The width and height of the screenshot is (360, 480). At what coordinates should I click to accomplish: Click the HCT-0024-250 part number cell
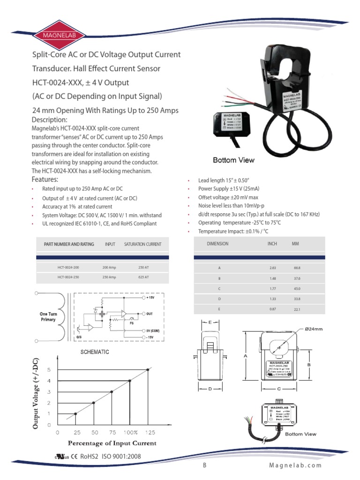[68, 277]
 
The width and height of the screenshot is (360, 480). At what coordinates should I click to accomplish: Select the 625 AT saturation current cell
[143, 277]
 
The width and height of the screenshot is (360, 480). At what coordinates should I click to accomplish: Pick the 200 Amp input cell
[109, 267]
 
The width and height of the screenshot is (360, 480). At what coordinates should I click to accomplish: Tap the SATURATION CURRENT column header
[142, 244]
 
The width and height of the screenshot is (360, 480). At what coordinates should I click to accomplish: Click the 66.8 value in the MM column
[297, 267]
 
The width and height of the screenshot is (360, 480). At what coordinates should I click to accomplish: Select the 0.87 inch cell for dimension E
[273, 309]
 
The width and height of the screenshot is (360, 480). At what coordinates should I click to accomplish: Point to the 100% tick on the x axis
[130, 432]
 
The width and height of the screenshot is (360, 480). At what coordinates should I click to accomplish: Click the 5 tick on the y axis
[48, 370]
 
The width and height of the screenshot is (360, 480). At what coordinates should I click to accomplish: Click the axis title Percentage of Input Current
[112, 443]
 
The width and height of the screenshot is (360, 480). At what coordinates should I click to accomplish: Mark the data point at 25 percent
[75, 413]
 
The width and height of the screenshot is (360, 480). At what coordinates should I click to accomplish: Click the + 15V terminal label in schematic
[150, 298]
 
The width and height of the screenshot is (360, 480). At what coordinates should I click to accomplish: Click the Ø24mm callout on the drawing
[314, 330]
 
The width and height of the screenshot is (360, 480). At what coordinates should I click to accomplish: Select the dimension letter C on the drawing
[278, 389]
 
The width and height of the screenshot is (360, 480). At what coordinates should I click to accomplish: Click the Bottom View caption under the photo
[233, 160]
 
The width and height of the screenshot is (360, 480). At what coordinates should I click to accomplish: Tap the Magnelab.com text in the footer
[296, 465]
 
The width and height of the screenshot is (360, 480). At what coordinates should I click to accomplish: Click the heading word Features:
[45, 180]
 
